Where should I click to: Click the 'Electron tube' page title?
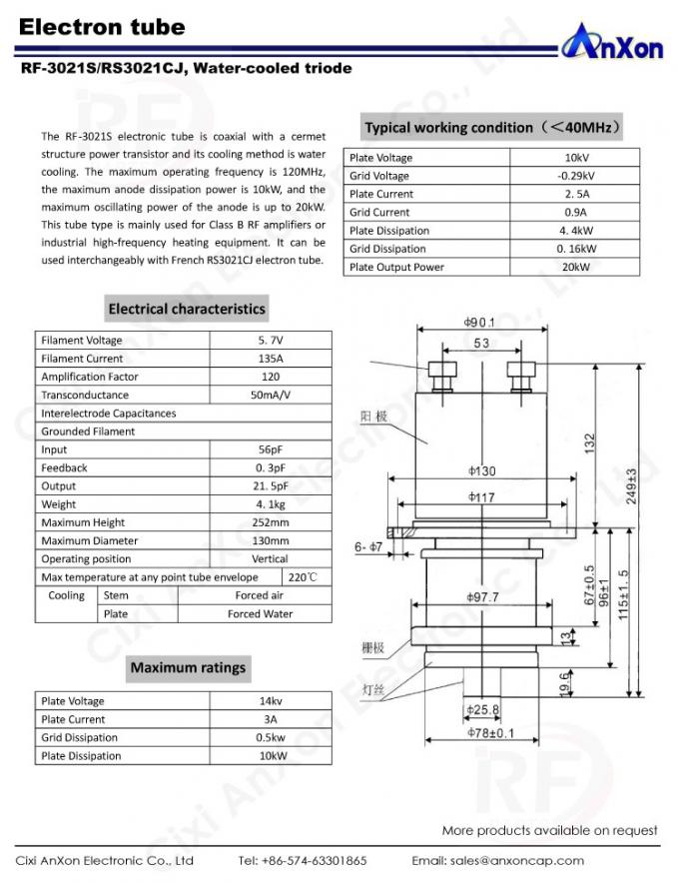102,27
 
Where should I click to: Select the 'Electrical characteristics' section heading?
187,309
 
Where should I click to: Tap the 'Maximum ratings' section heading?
188,667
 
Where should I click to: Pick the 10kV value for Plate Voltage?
574,158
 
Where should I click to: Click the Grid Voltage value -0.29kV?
574,176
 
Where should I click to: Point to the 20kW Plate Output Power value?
574,267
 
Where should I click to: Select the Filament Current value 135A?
270,359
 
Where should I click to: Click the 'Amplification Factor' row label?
90,377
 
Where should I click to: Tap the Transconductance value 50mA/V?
270,395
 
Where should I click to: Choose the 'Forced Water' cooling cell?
260,613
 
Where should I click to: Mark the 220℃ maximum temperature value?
303,577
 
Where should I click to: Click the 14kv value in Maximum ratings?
272,701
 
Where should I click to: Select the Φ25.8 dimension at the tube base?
481,709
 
